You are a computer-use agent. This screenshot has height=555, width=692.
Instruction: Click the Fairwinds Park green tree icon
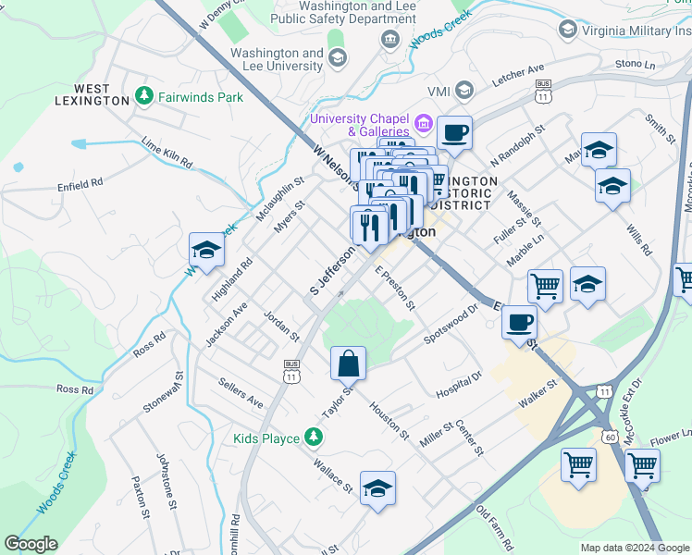click(144, 96)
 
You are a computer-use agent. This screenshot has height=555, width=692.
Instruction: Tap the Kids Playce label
click(266, 438)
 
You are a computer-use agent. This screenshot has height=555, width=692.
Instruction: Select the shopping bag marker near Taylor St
click(348, 364)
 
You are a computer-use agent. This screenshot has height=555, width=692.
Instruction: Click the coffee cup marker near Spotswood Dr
click(520, 323)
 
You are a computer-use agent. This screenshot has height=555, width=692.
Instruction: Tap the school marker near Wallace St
click(377, 488)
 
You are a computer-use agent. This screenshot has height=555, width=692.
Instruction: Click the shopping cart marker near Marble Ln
click(545, 286)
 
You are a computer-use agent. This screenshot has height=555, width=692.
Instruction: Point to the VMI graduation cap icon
click(463, 91)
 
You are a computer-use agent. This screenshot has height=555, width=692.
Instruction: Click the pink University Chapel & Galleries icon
click(425, 123)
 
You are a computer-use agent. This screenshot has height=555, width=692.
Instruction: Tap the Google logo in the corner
click(31, 544)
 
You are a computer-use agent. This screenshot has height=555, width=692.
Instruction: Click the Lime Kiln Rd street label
click(167, 153)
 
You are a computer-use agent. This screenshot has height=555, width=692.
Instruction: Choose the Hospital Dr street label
click(459, 386)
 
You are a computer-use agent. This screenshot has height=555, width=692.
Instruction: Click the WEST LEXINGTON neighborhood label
click(92, 94)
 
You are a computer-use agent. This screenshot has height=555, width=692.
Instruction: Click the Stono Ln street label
click(635, 64)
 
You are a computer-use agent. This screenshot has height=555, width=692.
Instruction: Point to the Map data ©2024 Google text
click(634, 548)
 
